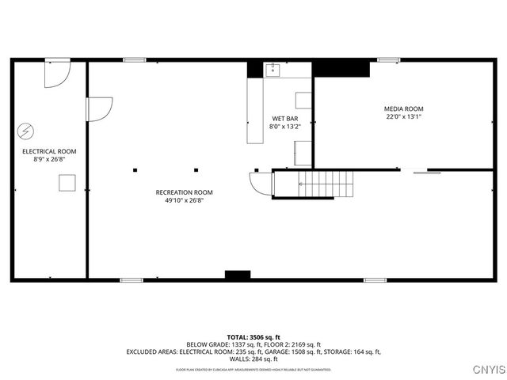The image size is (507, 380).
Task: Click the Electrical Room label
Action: (43, 150)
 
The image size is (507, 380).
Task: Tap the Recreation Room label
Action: (184, 192)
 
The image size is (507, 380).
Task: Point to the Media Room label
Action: (404, 108)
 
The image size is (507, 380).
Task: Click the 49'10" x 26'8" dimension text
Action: (184, 200)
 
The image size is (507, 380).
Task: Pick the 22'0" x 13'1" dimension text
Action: (404, 117)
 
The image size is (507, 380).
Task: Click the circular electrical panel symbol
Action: (26, 130)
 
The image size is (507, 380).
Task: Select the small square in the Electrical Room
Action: (67, 183)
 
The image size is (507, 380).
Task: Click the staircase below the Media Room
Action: (326, 184)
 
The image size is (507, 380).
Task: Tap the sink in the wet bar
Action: (274, 70)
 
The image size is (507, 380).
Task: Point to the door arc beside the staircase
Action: (261, 184)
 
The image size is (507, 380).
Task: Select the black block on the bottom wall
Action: (237, 275)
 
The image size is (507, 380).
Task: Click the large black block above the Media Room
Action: (341, 68)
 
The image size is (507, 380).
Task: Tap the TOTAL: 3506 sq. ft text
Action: (253, 337)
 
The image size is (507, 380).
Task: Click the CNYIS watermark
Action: (486, 369)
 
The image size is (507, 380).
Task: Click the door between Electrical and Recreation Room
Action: (98, 108)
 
